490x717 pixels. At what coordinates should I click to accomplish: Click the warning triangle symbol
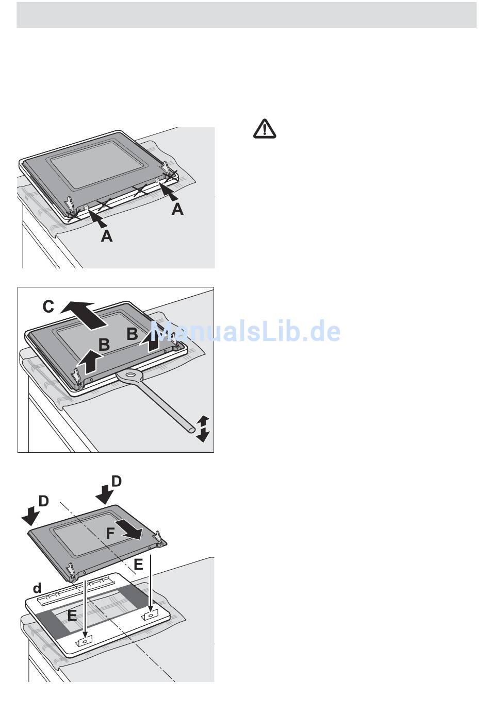pyautogui.click(x=265, y=129)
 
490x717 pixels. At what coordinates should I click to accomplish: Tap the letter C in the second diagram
pyautogui.click(x=48, y=307)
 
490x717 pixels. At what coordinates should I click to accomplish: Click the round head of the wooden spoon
pyautogui.click(x=128, y=375)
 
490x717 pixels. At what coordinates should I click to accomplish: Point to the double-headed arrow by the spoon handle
pyautogui.click(x=203, y=428)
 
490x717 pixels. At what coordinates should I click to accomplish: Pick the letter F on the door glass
pyautogui.click(x=110, y=533)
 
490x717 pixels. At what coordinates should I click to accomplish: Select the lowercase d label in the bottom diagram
pyautogui.click(x=37, y=588)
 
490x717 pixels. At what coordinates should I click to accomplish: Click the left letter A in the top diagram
pyautogui.click(x=106, y=236)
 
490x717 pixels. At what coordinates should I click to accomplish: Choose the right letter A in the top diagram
pyautogui.click(x=177, y=209)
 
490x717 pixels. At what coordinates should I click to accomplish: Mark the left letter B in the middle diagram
pyautogui.click(x=104, y=345)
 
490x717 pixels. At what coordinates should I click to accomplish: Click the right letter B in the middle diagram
pyautogui.click(x=133, y=334)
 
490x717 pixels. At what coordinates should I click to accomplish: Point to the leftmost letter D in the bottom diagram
pyautogui.click(x=43, y=501)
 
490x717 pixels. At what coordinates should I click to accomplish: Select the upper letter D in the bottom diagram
pyautogui.click(x=117, y=481)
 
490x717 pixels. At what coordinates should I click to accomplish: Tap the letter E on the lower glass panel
pyautogui.click(x=72, y=614)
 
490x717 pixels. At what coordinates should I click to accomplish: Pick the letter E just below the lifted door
pyautogui.click(x=138, y=565)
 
